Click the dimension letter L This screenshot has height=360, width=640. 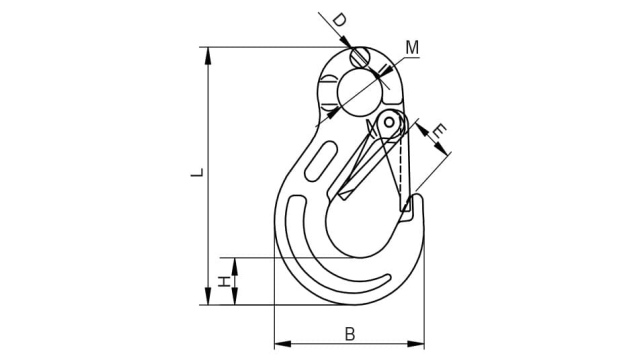point(197,172)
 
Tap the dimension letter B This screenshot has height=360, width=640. point(350,333)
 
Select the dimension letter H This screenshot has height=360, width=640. point(223,281)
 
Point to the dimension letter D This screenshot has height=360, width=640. point(339,20)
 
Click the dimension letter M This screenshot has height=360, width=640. point(412,48)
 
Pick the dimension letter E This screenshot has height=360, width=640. point(439,131)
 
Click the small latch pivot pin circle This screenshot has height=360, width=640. point(389,122)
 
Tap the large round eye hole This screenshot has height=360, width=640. point(360,93)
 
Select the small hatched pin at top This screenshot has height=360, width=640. point(360,58)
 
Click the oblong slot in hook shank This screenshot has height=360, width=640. point(321,161)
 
